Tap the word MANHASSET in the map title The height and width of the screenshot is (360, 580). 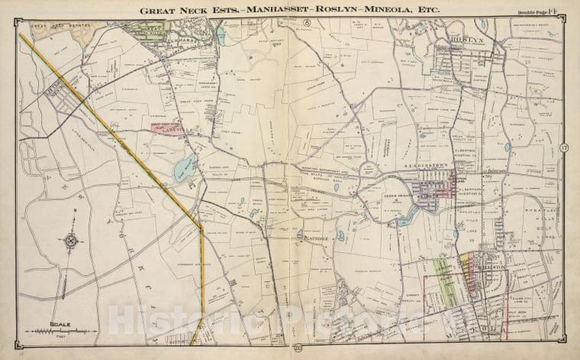coord(269,11)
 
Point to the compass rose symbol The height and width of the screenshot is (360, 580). coord(71,241)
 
